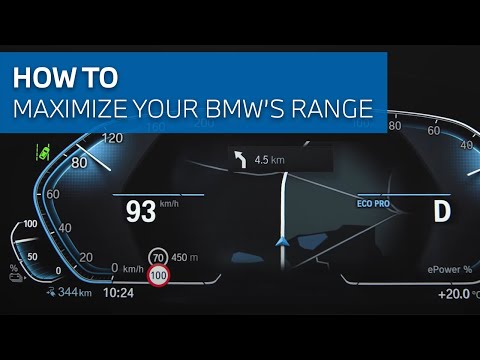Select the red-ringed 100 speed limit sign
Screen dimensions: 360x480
(x=158, y=275)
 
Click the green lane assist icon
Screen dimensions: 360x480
(x=44, y=154)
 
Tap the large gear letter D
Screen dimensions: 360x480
(x=442, y=211)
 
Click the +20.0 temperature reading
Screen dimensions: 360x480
(x=456, y=295)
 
